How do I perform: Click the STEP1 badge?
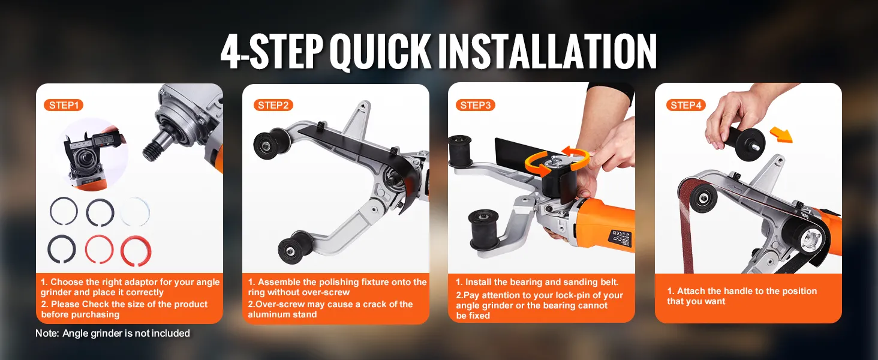pos(64,105)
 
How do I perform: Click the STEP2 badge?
pos(273,105)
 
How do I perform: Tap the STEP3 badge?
pos(476,105)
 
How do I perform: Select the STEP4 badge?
pos(686,105)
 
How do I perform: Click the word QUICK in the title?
pos(380,52)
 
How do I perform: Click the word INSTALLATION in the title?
pos(547,51)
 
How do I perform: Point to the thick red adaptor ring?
pos(136,251)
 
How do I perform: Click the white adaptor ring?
pos(135,212)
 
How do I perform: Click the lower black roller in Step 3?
pos(485,229)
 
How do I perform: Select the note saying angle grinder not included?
pos(113,334)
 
